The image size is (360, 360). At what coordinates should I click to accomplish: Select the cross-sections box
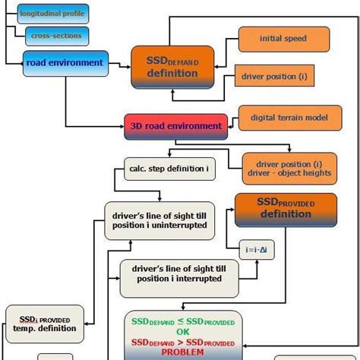pos(56,36)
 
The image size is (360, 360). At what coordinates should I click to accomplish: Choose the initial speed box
pos(284,39)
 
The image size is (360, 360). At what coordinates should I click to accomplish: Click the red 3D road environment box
pos(175,126)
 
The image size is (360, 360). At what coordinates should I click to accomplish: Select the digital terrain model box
pos(284,117)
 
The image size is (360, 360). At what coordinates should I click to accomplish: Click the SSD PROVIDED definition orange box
pos(285,209)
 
